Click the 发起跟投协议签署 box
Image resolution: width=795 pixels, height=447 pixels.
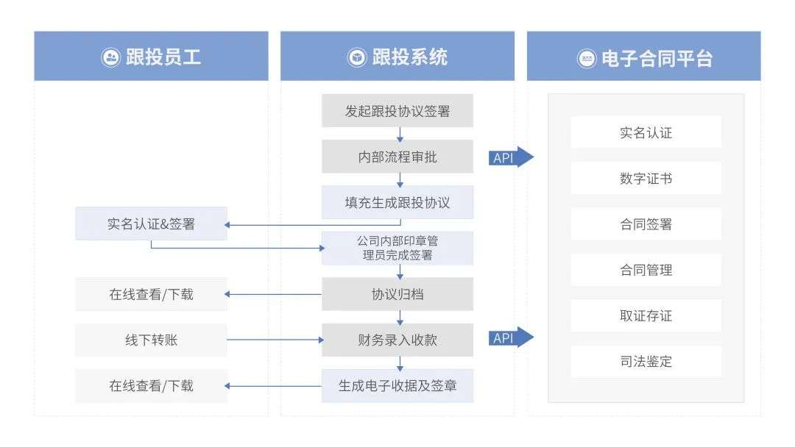[397, 112]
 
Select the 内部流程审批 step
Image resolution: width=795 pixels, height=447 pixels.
[397, 157]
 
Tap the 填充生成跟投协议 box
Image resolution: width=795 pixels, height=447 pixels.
[397, 202]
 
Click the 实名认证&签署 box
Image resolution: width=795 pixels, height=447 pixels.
[151, 224]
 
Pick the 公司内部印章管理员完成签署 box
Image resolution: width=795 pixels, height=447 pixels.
[397, 248]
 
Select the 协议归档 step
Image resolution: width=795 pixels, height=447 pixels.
[397, 294]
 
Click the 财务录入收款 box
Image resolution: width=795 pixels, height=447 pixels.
[397, 340]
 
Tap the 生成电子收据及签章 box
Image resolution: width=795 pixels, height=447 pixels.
[397, 385]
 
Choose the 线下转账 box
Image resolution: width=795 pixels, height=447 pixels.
[151, 340]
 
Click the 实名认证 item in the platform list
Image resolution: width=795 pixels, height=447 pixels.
[646, 133]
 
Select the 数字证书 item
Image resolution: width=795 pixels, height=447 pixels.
[646, 179]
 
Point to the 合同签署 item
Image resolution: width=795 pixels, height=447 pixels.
[646, 224]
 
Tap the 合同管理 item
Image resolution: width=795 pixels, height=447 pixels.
[646, 270]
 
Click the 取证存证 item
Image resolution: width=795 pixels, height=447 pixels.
[646, 316]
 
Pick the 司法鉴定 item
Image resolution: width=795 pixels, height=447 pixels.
[646, 362]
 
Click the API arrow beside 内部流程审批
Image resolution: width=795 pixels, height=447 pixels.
[510, 157]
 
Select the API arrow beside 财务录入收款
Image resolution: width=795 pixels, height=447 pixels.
[510, 338]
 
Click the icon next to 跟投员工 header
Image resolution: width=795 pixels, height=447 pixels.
[110, 58]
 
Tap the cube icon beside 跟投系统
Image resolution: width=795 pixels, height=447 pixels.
[357, 58]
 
